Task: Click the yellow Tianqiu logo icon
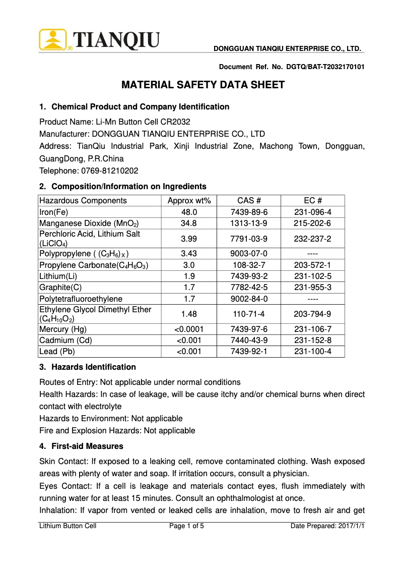click(x=53, y=39)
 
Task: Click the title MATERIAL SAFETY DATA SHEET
click(x=203, y=85)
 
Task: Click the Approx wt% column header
click(x=189, y=201)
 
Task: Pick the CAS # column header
click(x=249, y=201)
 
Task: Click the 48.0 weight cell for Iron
click(x=189, y=212)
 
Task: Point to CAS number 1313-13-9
click(x=249, y=223)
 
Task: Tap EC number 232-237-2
click(x=313, y=238)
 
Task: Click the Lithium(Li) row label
click(x=58, y=276)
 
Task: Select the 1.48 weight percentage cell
click(x=189, y=314)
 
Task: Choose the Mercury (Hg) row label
click(x=63, y=329)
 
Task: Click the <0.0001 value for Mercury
click(x=189, y=329)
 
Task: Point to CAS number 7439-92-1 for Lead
click(x=249, y=352)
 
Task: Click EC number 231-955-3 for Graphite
click(x=313, y=288)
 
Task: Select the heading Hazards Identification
click(x=94, y=367)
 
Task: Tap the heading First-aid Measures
click(x=87, y=446)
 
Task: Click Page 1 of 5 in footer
click(x=186, y=526)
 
